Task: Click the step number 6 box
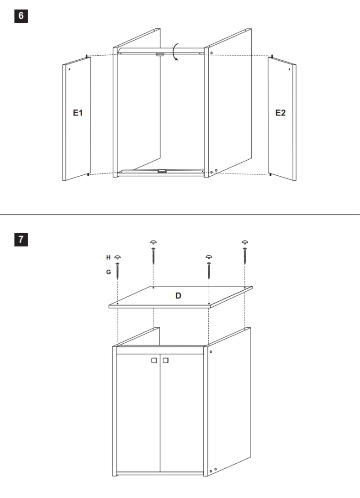pos(21,16)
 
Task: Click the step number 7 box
pos(21,240)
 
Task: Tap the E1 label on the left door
pos(78,113)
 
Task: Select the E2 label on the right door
pos(280,113)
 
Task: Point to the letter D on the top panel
pos(178,296)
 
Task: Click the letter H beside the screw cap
pos(108,257)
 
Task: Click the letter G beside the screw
pos(109,272)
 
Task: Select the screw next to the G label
pos(117,271)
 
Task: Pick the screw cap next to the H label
pos(117,257)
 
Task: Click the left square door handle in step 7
pos(154,361)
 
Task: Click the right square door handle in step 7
pos(165,361)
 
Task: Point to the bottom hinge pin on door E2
pos(270,174)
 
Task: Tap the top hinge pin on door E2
pos(272,56)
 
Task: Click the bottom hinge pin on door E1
pos(88,174)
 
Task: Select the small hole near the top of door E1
pos(69,69)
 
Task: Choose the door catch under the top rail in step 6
pos(160,55)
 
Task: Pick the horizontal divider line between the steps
pos(180,215)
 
